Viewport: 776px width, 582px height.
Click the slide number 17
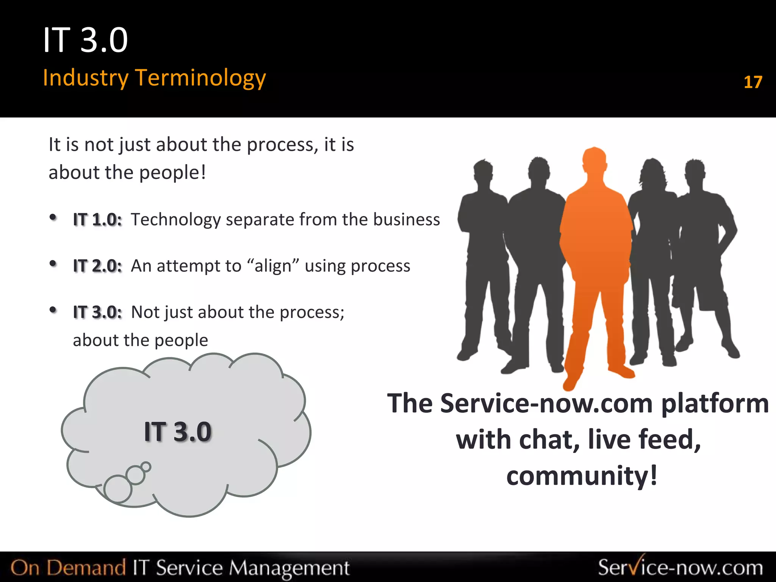coord(753,82)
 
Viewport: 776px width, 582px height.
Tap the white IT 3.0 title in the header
coord(86,40)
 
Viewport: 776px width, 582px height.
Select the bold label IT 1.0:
coord(97,220)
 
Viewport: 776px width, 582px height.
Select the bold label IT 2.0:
coord(97,266)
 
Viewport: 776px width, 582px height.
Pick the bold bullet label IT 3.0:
coord(97,312)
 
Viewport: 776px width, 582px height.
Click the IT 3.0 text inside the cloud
coord(177,432)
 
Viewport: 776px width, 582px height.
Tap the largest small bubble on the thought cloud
coord(118,489)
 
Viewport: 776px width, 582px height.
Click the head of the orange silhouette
coord(594,161)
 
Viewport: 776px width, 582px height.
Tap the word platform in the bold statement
coord(715,403)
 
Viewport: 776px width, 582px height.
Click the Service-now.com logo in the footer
coord(680,567)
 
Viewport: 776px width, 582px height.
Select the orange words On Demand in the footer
coord(68,568)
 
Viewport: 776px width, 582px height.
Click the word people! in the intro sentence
coord(172,173)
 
